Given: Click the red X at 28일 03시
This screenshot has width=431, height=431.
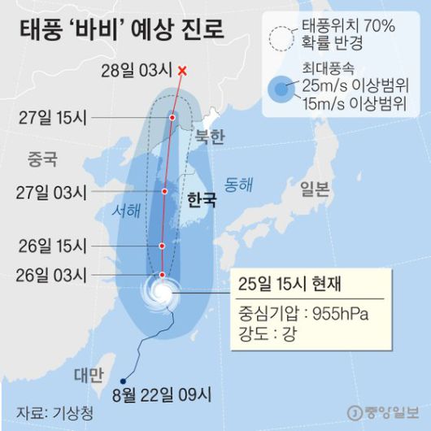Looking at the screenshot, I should tap(182, 71).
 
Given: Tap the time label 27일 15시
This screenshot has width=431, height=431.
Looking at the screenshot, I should tap(51, 117).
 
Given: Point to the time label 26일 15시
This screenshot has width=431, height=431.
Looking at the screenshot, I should tap(51, 245).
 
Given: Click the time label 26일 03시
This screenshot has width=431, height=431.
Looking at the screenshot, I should tap(51, 276).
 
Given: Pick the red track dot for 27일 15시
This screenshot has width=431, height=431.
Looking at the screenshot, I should tap(172, 117).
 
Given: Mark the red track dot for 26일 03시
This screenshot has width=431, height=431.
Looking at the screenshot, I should tap(163, 275).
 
